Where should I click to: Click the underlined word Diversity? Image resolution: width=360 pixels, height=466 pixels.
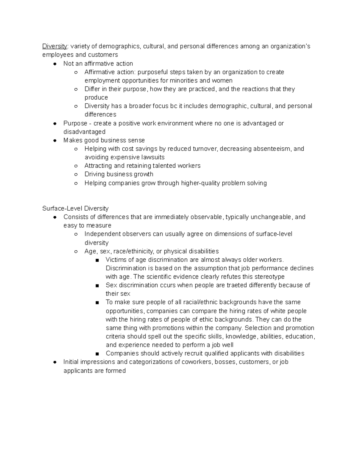(55, 46)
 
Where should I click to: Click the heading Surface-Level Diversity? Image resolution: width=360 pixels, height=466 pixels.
(75, 208)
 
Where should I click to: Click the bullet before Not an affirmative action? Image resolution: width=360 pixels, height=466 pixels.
(55, 64)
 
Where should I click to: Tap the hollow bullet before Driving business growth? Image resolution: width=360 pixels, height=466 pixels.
(76, 174)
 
